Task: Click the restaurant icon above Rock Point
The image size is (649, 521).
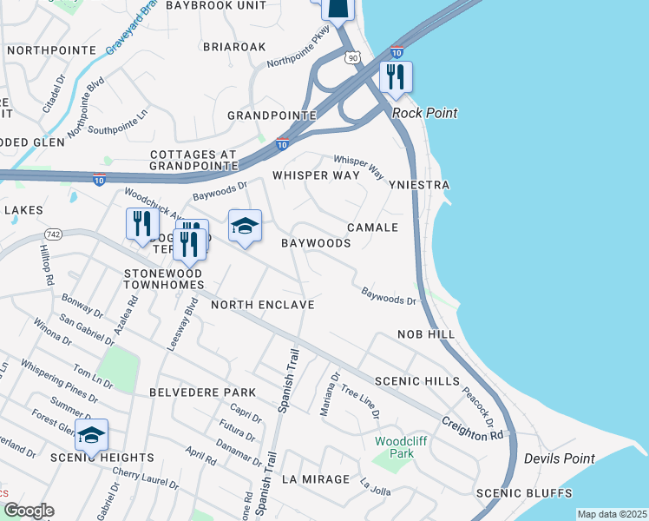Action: tap(395, 76)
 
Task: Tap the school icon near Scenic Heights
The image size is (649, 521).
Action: tap(91, 435)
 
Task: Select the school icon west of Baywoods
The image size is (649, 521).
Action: tap(245, 227)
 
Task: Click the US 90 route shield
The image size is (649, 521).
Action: tap(351, 57)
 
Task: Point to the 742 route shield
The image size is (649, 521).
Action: tap(54, 234)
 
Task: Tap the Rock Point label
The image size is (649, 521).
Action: tap(424, 113)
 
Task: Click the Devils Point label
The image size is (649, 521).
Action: tap(560, 458)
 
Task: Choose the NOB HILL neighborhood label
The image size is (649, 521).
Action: tap(426, 334)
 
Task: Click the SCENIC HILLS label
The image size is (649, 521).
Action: tap(411, 381)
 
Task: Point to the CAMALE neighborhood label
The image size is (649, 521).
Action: tap(372, 228)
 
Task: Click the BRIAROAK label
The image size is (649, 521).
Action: tap(233, 46)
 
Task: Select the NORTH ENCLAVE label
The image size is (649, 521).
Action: tap(261, 305)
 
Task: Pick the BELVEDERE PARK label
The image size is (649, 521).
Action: tap(202, 392)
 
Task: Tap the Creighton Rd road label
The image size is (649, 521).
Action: tap(473, 421)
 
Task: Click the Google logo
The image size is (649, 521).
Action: tap(28, 511)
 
